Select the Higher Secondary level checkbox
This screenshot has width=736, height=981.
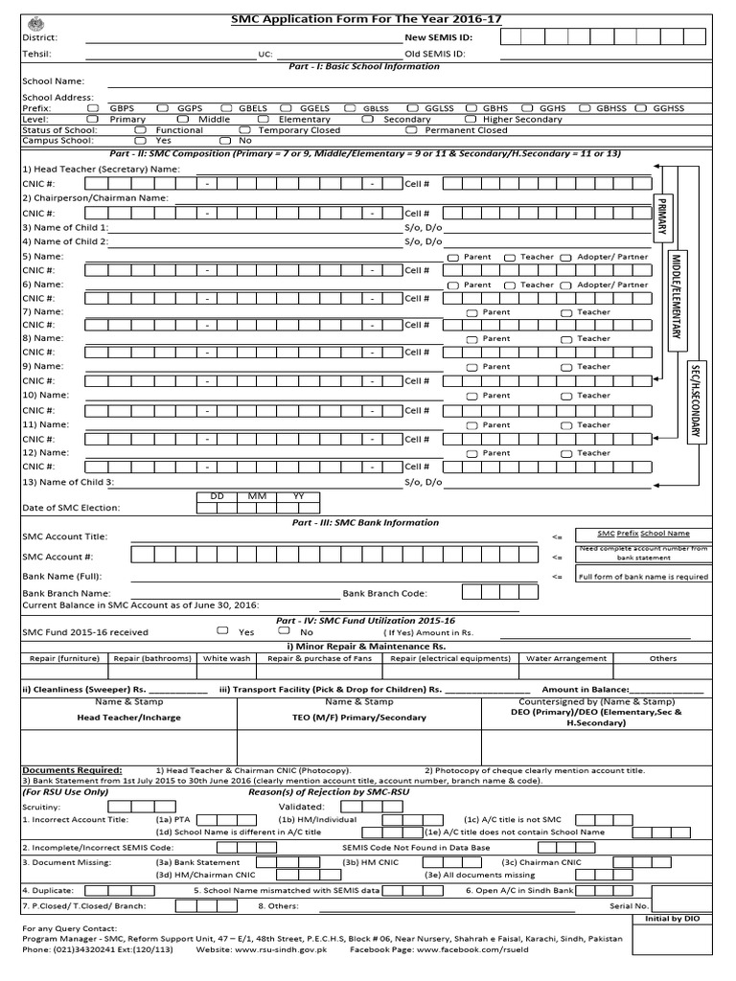coord(472,120)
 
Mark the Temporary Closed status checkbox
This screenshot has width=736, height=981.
coord(244,130)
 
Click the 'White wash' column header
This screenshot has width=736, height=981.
coord(227,658)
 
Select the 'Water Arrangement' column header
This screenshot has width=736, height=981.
coord(566,658)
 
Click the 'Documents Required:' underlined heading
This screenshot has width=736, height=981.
coord(72,770)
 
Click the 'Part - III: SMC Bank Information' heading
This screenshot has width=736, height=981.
coord(364,523)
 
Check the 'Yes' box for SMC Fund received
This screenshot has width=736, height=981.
coord(222,631)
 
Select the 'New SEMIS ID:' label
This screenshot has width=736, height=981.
coord(439,37)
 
